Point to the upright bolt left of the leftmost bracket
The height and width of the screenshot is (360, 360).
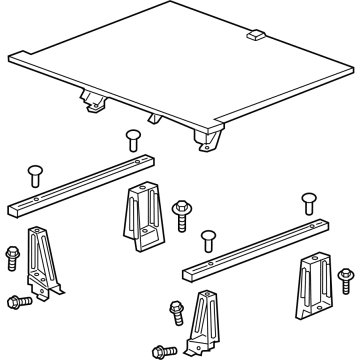coord(12,256)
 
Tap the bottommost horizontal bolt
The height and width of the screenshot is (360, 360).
coord(161,349)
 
